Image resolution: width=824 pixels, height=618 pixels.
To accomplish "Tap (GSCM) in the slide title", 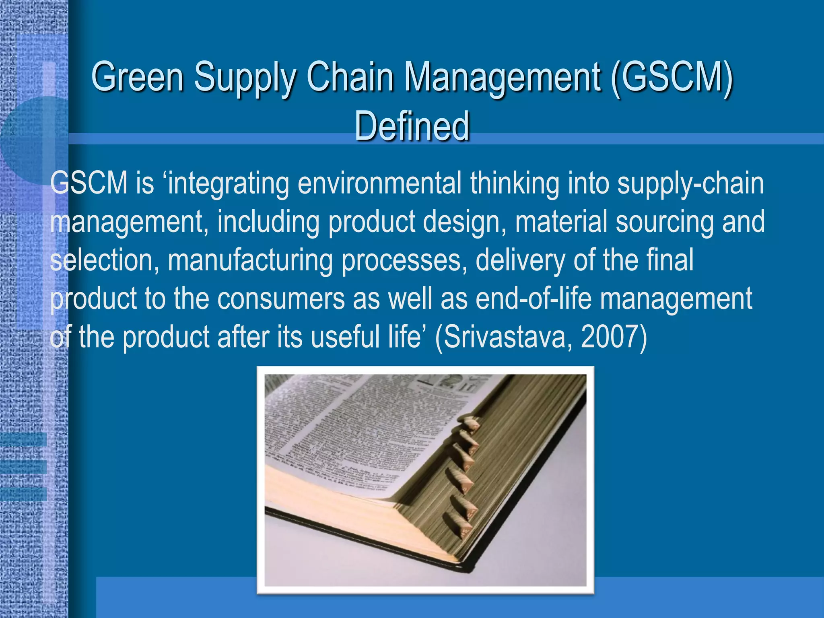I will (x=672, y=76).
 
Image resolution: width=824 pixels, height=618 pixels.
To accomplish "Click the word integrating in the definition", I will (x=229, y=183).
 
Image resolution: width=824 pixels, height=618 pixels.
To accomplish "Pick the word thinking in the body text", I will (x=515, y=183).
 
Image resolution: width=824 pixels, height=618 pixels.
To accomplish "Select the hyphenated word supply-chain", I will (x=690, y=183).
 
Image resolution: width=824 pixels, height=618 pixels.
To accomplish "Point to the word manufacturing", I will (x=250, y=260).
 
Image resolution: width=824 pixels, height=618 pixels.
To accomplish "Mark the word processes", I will (x=404, y=260).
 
